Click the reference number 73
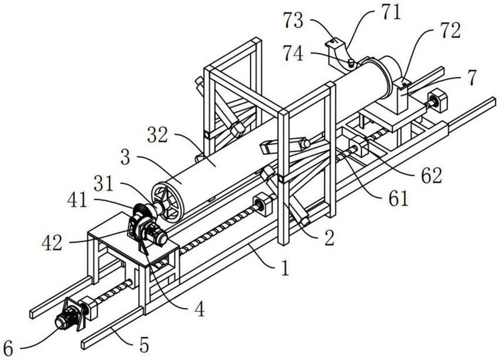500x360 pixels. pos(294,21)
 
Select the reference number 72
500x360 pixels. pos(451,31)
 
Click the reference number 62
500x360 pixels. pos(431,175)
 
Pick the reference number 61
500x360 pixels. pos(398,198)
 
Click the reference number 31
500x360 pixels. pos(104,184)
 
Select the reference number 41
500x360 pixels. pos(77,201)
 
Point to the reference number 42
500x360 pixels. pos(52,243)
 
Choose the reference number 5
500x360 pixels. pos(144,345)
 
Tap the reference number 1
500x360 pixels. pos(285,267)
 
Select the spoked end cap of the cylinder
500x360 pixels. pos(167,201)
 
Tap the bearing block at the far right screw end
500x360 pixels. pos(438,101)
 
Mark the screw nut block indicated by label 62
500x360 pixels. pos(359,146)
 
